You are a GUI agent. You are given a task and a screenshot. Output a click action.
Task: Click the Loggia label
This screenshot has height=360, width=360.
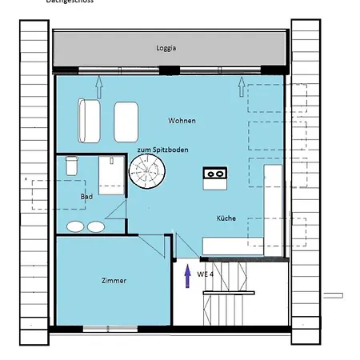(x=166, y=48)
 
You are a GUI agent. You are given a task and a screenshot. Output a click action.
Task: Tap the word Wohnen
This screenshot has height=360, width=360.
(x=182, y=120)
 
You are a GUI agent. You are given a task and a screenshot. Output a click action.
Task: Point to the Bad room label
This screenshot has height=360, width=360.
(x=86, y=196)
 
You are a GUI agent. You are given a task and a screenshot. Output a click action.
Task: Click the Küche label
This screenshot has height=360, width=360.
(x=226, y=218)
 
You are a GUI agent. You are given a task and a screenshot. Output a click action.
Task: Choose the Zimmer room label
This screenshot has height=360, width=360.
(x=114, y=281)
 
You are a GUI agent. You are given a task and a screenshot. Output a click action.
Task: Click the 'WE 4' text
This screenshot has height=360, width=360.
(x=206, y=274)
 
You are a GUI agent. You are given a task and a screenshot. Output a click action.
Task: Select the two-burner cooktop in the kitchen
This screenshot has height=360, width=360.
(x=215, y=173)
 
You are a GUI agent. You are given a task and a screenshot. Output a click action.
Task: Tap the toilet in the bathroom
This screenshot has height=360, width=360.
(x=71, y=165)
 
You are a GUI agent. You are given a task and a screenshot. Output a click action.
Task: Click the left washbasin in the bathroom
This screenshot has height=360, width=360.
(x=75, y=226)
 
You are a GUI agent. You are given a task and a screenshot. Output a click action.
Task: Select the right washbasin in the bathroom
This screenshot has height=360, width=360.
(x=96, y=226)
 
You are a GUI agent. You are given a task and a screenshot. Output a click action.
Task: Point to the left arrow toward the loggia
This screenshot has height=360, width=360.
(x=99, y=82)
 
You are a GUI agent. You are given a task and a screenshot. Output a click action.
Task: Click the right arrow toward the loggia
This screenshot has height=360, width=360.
(x=243, y=82)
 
